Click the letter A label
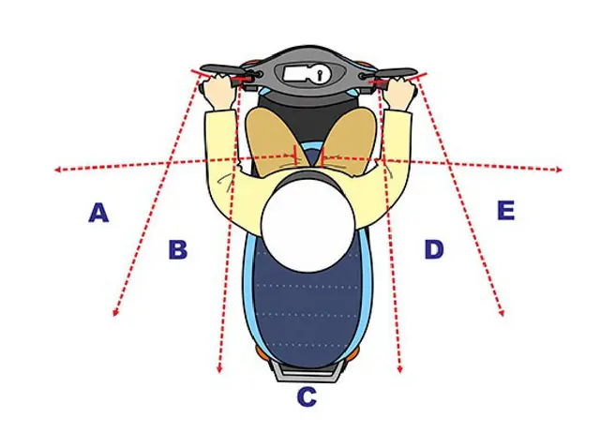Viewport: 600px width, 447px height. tap(98, 213)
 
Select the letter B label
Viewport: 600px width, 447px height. tap(178, 249)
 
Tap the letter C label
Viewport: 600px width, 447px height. tap(307, 396)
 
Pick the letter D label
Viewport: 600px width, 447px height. tap(434, 249)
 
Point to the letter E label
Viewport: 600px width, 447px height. tap(506, 210)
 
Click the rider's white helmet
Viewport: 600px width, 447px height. tap(308, 226)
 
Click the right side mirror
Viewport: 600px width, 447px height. tap(396, 73)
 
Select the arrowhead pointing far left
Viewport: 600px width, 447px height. tap(58, 170)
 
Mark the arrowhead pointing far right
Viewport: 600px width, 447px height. tap(559, 170)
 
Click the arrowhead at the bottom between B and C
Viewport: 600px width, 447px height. tap(219, 369)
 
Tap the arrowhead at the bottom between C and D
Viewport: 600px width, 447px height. tap(400, 369)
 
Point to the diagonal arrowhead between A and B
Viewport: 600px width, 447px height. tap(115, 312)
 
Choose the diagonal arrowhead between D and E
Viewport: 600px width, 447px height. tap(502, 312)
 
